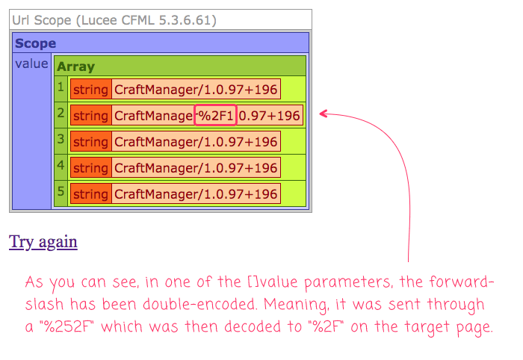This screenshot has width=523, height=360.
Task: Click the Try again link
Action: click(x=43, y=242)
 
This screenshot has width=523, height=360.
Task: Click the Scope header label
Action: click(x=35, y=43)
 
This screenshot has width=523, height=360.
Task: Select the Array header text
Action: click(x=75, y=66)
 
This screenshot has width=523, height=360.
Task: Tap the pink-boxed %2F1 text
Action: click(x=215, y=115)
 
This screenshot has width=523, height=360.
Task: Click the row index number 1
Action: click(x=61, y=87)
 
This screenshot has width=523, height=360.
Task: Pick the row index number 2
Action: click(x=61, y=113)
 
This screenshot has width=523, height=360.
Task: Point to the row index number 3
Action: click(x=61, y=139)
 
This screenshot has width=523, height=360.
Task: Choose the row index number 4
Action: click(x=61, y=165)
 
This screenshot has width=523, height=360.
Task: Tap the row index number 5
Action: click(x=61, y=191)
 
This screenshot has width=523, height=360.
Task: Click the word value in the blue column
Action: click(x=31, y=63)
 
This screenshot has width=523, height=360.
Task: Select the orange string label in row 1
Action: click(x=90, y=90)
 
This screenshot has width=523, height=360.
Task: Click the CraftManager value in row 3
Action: click(x=196, y=142)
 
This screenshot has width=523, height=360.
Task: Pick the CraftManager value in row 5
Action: click(x=196, y=193)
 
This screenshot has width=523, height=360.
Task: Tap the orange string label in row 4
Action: click(x=90, y=167)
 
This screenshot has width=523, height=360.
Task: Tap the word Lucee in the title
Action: click(x=99, y=20)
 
